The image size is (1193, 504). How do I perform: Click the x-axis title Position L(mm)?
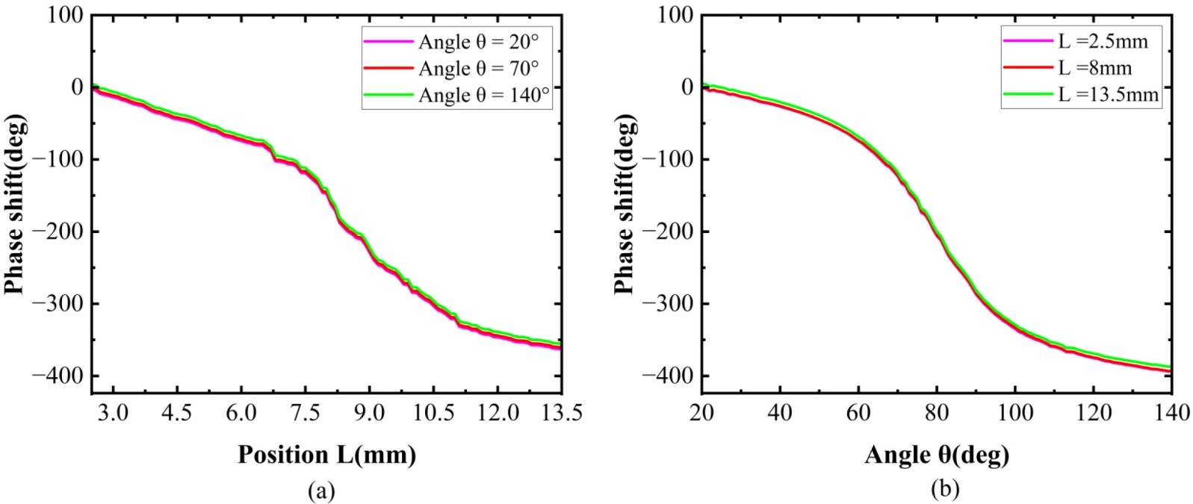click(326, 454)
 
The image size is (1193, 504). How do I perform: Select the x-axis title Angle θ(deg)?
click(937, 454)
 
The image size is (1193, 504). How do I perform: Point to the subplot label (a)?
click(321, 490)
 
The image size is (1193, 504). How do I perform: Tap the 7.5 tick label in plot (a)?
click(305, 412)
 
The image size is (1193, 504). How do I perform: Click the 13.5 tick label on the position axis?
click(561, 412)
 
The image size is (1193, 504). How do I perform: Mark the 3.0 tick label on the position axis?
click(113, 412)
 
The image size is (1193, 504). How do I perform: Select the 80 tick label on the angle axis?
click(937, 412)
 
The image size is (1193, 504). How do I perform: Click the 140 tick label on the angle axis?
click(1171, 412)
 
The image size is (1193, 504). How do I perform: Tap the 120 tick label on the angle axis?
click(1093, 412)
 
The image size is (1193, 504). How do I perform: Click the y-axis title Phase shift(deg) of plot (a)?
click(14, 203)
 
